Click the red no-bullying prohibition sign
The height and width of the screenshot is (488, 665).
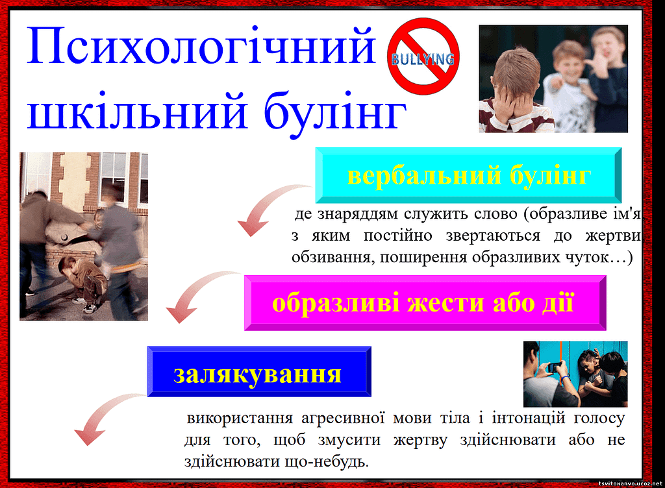(423, 56)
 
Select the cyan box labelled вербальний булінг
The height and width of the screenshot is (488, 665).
(468, 175)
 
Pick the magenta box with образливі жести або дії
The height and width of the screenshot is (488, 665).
(425, 303)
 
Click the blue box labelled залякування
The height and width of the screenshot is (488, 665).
(259, 371)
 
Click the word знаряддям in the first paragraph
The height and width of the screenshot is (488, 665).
(358, 214)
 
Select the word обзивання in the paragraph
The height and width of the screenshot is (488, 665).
(331, 257)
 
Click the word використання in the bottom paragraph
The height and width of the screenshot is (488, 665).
(240, 418)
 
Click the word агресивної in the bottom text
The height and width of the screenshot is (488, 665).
(343, 419)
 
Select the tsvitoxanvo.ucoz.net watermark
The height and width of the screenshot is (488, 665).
(630, 483)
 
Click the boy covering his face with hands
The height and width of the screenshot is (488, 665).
(514, 93)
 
